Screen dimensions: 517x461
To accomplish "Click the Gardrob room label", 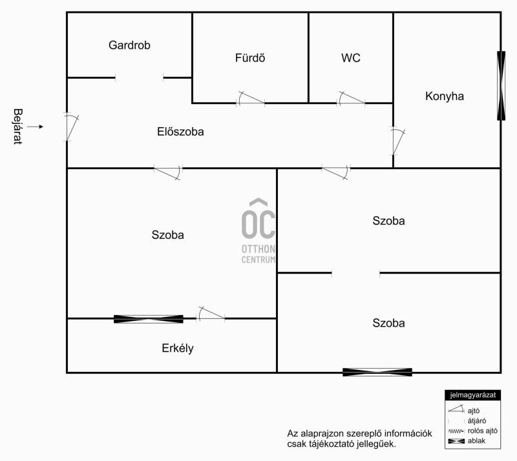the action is [129, 45].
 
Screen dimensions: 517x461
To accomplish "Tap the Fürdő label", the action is [250, 58].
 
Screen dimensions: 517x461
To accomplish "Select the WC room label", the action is [351, 58].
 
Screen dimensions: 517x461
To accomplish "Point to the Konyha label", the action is [445, 96].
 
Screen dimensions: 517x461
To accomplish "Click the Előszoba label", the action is [180, 132].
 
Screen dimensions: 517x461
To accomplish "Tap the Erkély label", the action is [178, 348].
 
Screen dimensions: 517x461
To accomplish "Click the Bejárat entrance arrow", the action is [35, 127].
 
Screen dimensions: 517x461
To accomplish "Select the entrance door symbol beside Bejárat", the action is [71, 127].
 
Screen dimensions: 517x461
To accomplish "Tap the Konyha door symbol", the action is [397, 141].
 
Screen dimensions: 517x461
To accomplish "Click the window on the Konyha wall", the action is [501, 86].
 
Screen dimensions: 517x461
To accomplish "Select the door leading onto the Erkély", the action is [211, 314].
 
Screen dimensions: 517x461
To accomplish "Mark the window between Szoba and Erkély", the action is [149, 319].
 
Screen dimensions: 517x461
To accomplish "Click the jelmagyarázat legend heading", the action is [473, 395].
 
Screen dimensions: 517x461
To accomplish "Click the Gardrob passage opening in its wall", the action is [139, 78].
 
